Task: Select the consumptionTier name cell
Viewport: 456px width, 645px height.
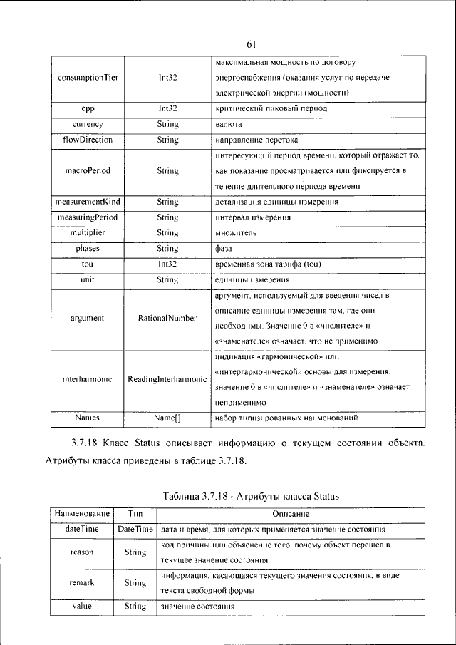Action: pos(88,77)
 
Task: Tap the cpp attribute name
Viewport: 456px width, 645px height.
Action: pos(88,108)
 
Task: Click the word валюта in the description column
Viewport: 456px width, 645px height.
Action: pos(229,124)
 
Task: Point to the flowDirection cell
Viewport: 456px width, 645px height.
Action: pos(88,140)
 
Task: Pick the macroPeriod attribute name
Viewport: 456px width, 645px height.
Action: pos(88,171)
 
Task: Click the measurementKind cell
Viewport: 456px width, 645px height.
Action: pos(88,202)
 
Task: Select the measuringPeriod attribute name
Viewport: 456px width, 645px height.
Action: pos(88,217)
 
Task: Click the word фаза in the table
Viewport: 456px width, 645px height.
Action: pos(224,249)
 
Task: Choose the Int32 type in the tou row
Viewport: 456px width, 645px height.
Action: pos(167,264)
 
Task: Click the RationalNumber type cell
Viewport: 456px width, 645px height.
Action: pos(167,318)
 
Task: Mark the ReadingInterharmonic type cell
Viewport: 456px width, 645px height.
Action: pos(167,379)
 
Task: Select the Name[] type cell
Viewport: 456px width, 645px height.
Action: pos(167,417)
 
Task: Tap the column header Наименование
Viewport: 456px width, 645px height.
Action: pos(80,513)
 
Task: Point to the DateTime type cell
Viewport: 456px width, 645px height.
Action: pos(135,530)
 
